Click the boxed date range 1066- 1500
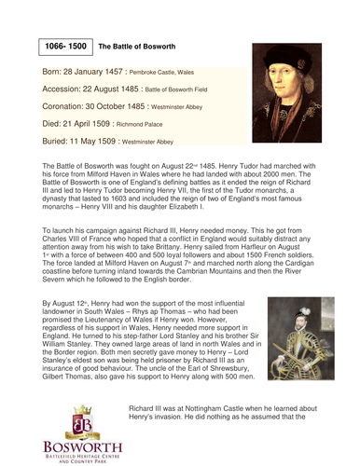coord(65,44)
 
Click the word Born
coord(54,72)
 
